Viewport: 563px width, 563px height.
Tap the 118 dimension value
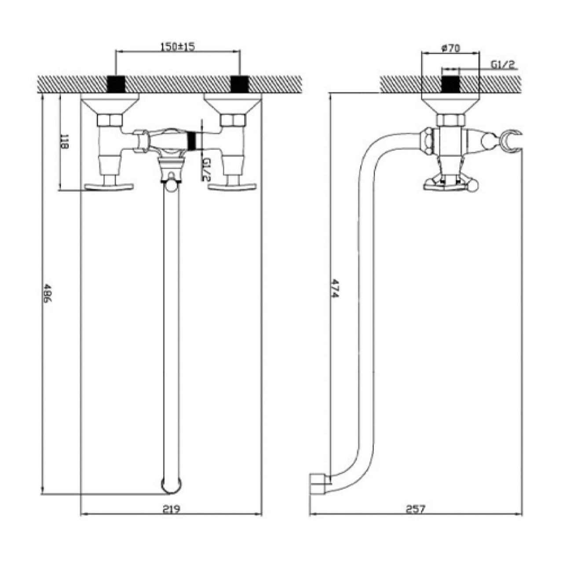coord(64,142)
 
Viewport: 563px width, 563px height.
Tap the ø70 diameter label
coord(451,48)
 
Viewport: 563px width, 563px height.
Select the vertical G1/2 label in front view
coord(207,169)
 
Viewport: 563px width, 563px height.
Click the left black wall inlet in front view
coord(116,84)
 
